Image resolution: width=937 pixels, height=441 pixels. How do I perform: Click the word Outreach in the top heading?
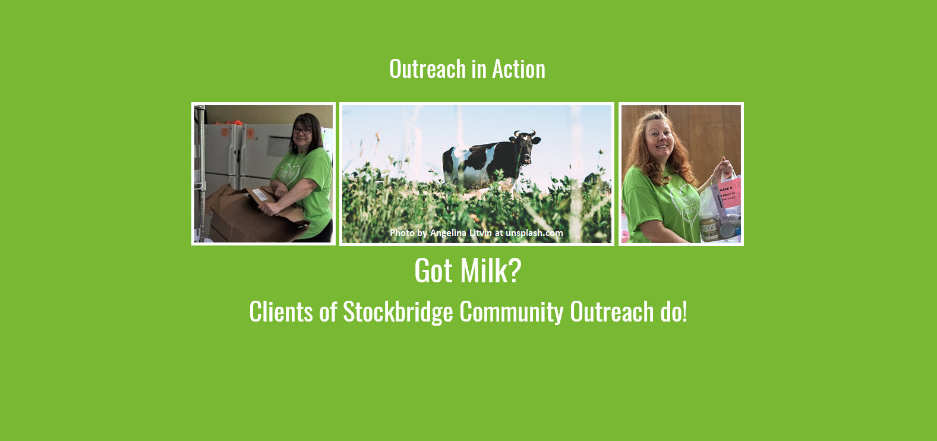click(x=427, y=70)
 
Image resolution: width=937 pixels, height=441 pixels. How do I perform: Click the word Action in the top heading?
click(x=519, y=70)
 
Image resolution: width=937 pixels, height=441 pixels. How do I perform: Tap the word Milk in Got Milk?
click(x=491, y=271)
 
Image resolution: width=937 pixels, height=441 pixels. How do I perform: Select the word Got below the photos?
click(x=434, y=271)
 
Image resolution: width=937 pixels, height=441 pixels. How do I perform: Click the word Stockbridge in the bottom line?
click(x=397, y=312)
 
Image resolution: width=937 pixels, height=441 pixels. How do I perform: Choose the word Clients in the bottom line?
click(x=281, y=312)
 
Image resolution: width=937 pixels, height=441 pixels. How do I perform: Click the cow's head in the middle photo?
click(x=526, y=141)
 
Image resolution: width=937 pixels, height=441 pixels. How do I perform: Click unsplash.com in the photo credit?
click(x=534, y=233)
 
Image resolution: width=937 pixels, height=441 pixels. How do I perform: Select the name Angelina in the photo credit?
click(x=448, y=233)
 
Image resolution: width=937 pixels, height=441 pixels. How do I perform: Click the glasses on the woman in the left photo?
click(x=302, y=131)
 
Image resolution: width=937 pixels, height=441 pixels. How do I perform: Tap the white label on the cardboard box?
click(x=260, y=194)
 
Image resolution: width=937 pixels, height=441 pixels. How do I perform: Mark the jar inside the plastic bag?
click(x=709, y=229)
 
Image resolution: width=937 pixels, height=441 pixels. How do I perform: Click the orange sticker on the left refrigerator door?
click(x=225, y=132)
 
